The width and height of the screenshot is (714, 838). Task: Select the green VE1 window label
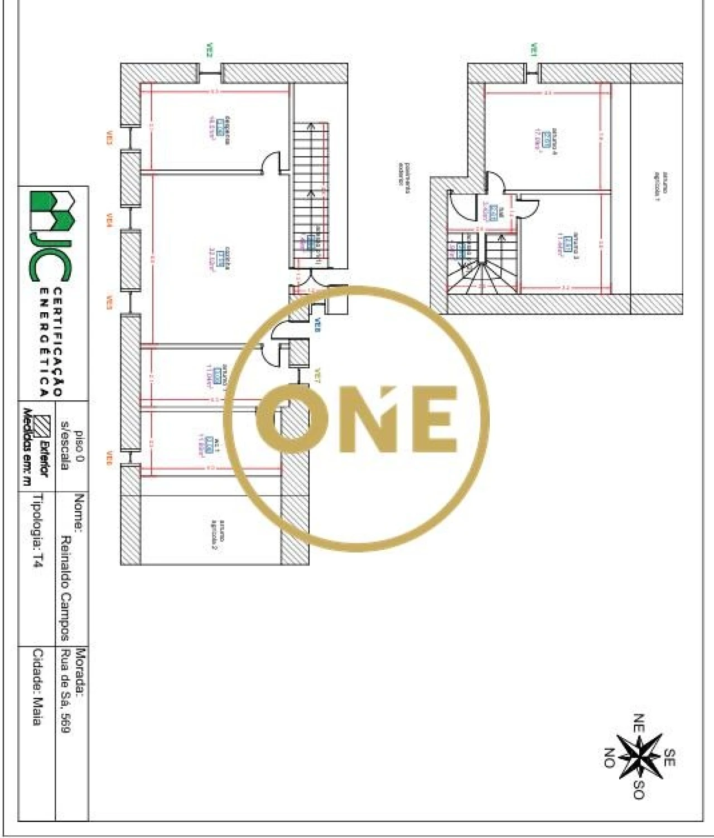[533, 50]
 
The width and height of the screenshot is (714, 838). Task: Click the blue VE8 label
[317, 326]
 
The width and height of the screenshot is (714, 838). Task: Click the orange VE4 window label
[109, 222]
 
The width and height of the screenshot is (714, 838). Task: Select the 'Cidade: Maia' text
[37, 686]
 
